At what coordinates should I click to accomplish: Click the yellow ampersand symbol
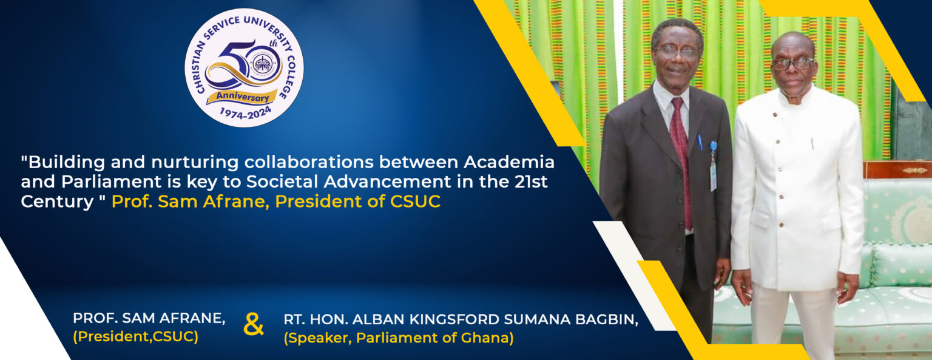(x=254, y=325)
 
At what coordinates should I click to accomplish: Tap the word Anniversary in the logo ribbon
(x=243, y=97)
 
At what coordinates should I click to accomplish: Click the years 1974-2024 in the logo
(x=246, y=113)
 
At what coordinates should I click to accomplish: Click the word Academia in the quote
(x=509, y=162)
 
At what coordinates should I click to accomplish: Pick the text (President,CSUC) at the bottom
(x=136, y=337)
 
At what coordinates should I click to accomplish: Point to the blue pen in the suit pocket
(x=700, y=142)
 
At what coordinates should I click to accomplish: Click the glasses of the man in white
(x=793, y=64)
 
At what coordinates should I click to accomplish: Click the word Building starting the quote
(x=66, y=162)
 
